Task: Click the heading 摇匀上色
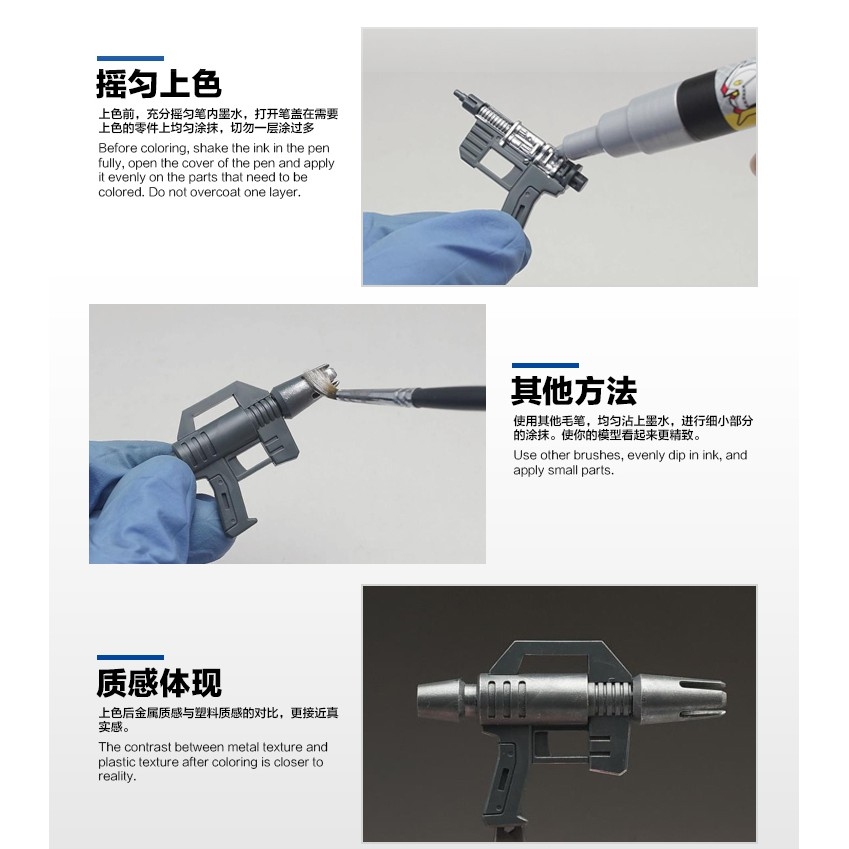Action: click(x=158, y=84)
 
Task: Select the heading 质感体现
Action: click(x=158, y=683)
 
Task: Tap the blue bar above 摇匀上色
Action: click(x=130, y=59)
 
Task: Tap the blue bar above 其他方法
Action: click(x=545, y=366)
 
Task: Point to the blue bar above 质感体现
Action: click(x=130, y=658)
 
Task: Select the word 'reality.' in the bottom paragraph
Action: click(x=118, y=776)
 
